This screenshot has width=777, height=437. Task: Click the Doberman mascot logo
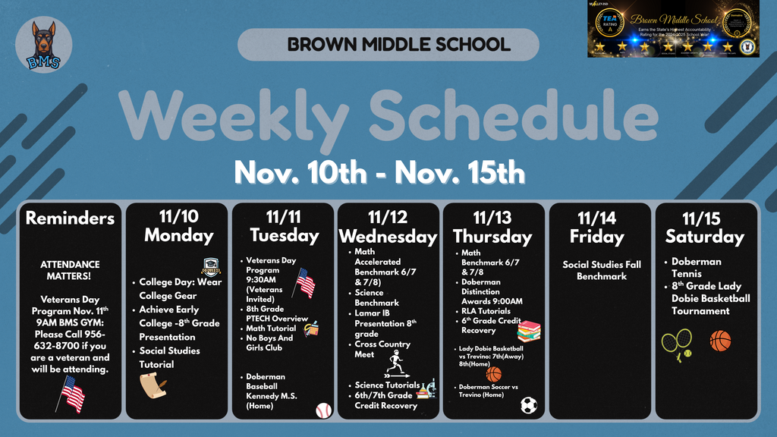(x=44, y=45)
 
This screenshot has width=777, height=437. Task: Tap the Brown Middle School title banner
(x=388, y=44)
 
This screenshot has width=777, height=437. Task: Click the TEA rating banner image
(x=673, y=29)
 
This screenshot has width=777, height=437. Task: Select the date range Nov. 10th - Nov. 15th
(x=379, y=172)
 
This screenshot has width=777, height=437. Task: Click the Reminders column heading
(x=70, y=218)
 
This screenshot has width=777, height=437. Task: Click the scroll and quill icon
(x=152, y=385)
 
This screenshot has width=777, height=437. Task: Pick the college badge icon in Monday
(x=211, y=266)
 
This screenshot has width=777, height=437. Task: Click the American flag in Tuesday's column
(x=305, y=283)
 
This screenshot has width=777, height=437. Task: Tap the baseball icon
(x=324, y=410)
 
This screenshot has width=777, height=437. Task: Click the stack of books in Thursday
(x=528, y=331)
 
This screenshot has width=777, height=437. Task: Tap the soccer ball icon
(x=529, y=405)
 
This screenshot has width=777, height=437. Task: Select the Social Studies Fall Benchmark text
(x=602, y=270)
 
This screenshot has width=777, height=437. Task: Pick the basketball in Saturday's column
(x=720, y=341)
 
